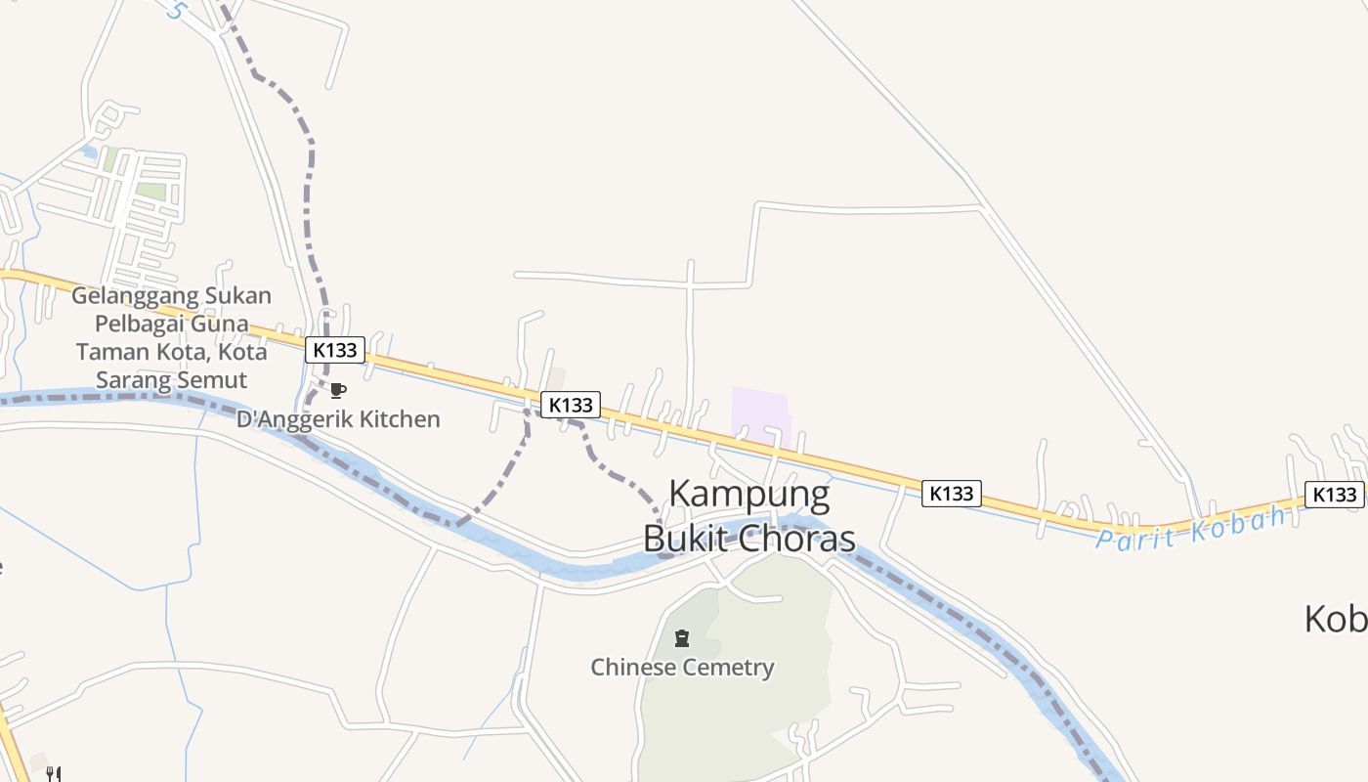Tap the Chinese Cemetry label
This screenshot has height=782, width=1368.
(682, 668)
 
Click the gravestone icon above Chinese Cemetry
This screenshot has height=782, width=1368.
(682, 639)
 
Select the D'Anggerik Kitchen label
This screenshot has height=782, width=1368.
(338, 419)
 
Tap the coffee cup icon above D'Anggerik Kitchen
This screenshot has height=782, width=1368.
(337, 391)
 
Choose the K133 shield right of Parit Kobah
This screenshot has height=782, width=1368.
(1334, 495)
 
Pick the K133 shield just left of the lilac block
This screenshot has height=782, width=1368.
(571, 405)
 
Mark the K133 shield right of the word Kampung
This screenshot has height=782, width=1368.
(951, 494)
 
